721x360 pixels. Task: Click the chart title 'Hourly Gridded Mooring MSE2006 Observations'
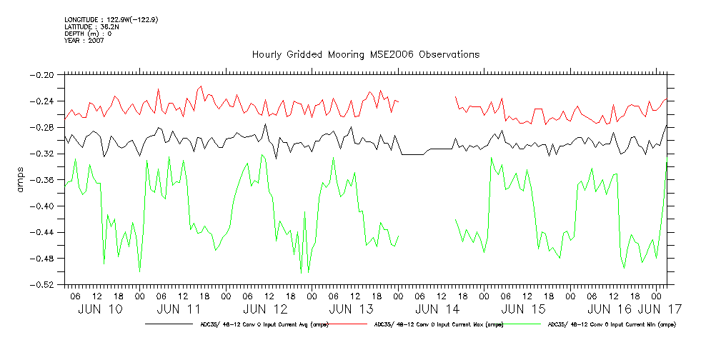click(x=366, y=55)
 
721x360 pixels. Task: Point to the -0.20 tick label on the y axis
click(x=44, y=74)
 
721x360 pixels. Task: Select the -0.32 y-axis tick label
click(x=44, y=154)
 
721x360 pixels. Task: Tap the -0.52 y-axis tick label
click(x=44, y=284)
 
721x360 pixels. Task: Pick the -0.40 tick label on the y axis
click(x=44, y=206)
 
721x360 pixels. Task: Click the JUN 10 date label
click(x=100, y=309)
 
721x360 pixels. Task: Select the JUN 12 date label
click(x=266, y=309)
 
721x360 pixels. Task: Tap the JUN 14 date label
click(x=437, y=309)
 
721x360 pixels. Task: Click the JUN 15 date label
click(x=524, y=309)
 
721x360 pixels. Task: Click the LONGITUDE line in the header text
click(x=111, y=19)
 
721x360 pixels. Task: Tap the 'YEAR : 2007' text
click(x=84, y=41)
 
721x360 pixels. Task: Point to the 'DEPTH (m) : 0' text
click(x=88, y=34)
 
